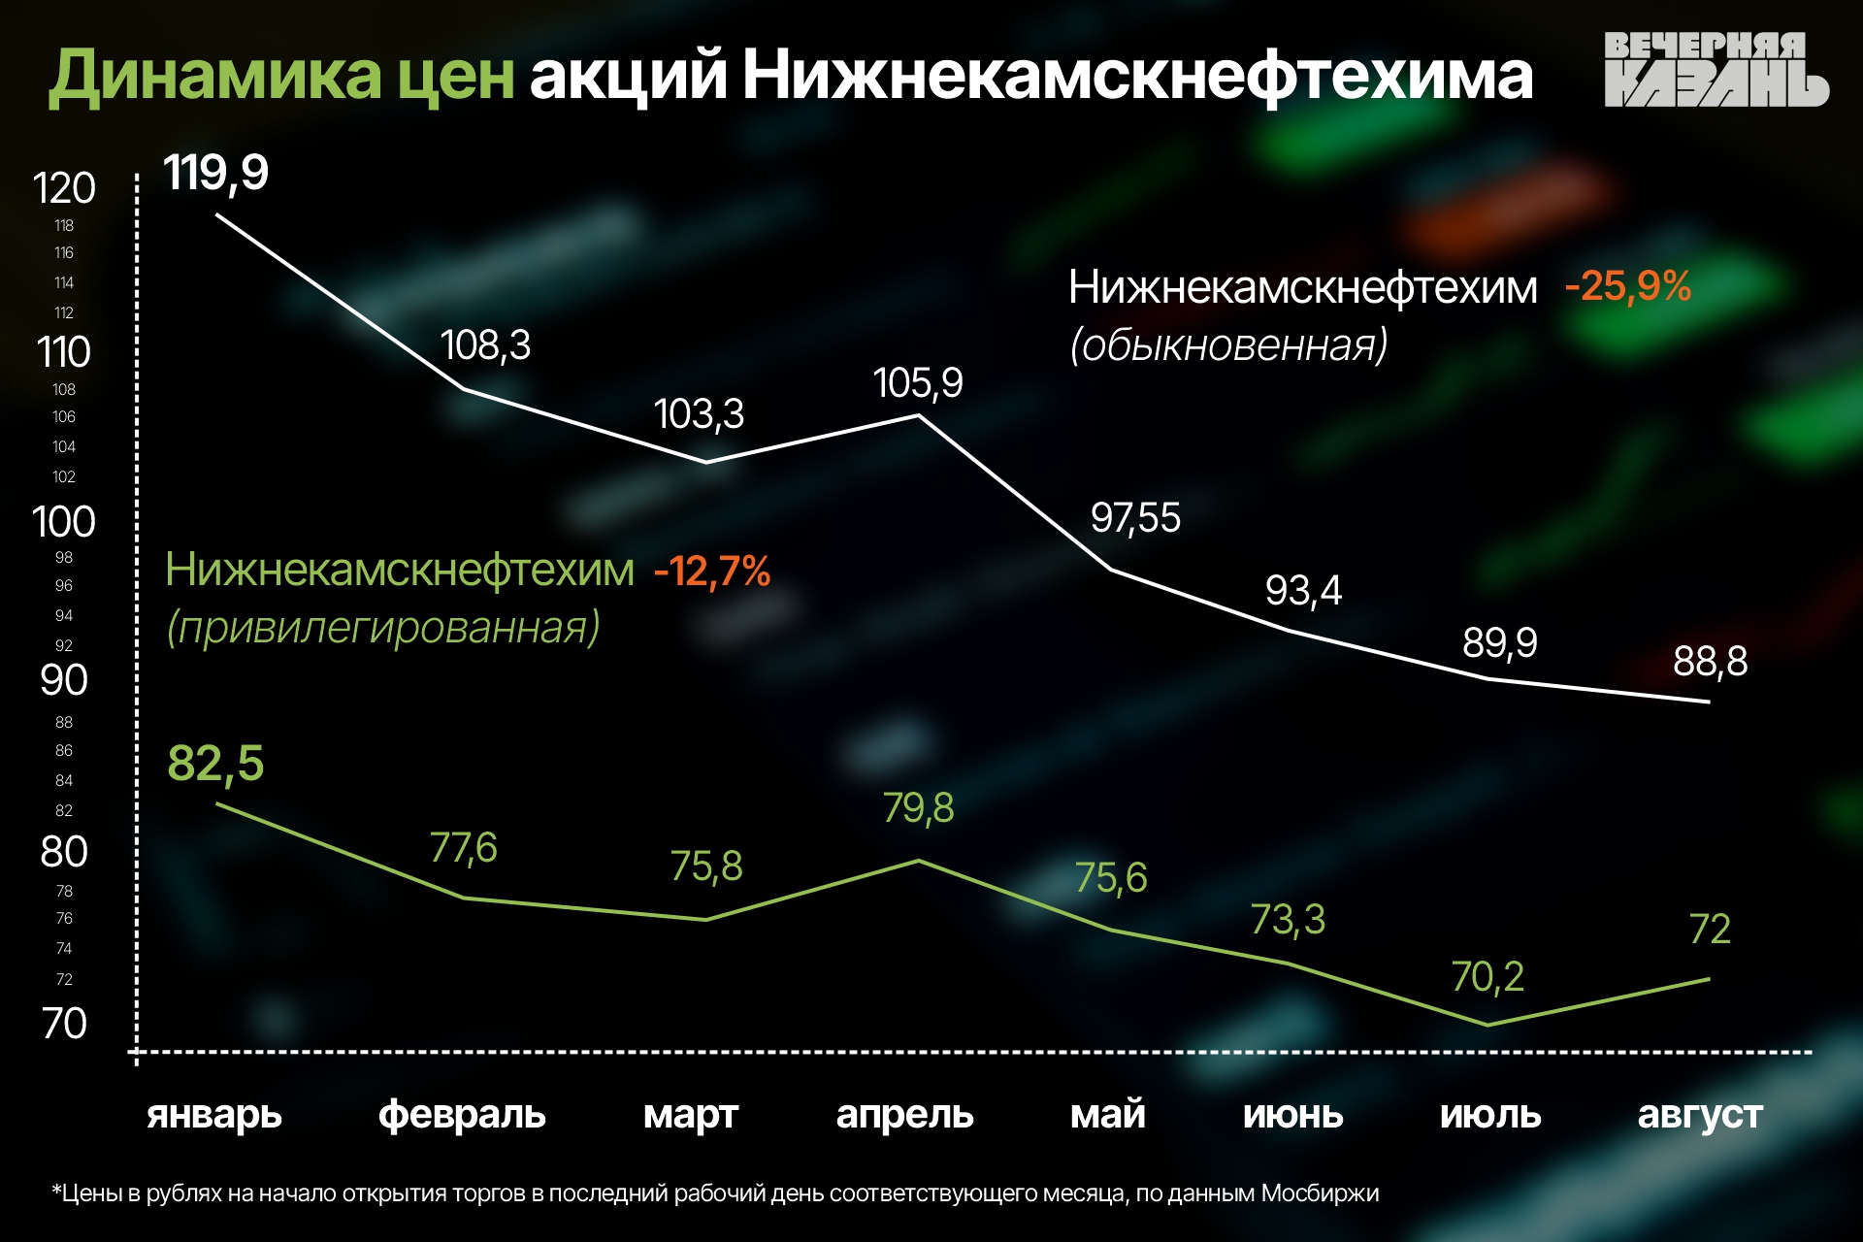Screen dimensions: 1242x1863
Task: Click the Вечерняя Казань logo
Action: pos(1715,69)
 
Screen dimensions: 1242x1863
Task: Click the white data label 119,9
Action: pos(215,173)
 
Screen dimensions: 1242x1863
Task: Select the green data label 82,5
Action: pos(215,763)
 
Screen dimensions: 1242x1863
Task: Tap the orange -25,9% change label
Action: pos(1627,286)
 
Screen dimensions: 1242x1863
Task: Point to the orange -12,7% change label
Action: pos(712,571)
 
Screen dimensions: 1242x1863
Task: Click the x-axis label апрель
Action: pos(904,1115)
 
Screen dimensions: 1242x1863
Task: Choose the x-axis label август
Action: pos(1700,1115)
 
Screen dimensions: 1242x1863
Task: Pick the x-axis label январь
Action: pos(214,1115)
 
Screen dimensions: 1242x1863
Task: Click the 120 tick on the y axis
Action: pos(64,188)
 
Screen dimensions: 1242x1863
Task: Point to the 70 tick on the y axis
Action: pos(64,1024)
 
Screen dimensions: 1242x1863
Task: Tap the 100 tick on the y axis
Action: pos(64,522)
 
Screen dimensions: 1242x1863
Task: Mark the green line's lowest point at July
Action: pos(1487,1025)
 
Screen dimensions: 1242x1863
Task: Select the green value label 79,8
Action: pos(918,807)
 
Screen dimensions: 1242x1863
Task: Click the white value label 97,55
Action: pos(1135,518)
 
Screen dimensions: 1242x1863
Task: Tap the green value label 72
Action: pos(1710,930)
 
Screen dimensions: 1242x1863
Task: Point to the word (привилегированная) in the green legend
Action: pos(383,628)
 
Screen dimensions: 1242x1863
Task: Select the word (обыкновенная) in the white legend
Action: pos(1228,344)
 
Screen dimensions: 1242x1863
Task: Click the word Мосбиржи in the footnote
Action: pos(1320,1193)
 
